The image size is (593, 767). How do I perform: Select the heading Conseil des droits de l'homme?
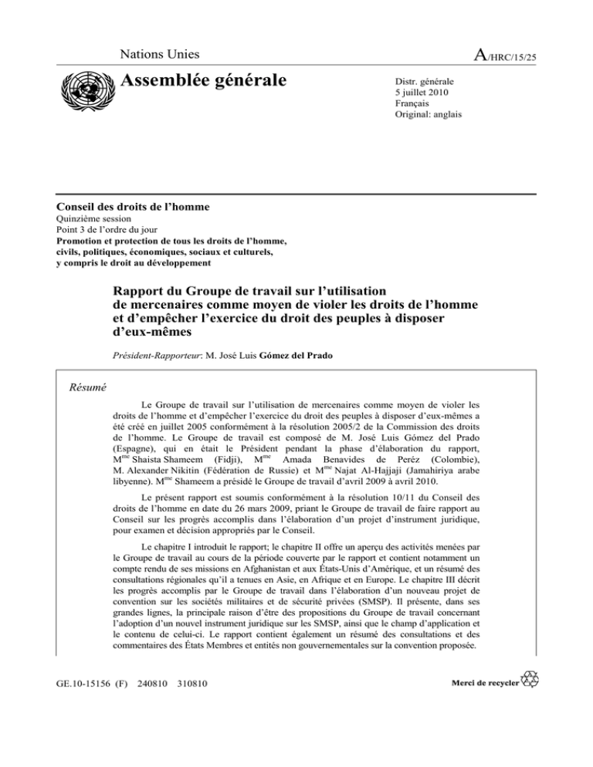[134, 207]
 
